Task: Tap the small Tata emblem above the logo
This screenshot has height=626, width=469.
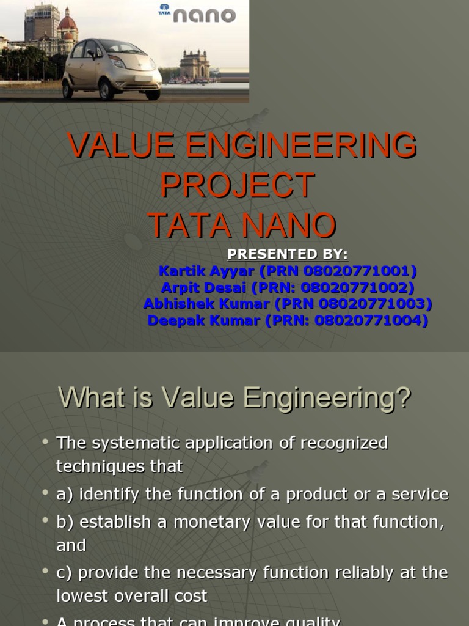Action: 164,9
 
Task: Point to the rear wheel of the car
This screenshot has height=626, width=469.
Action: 67,90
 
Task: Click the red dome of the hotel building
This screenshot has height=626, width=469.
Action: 67,23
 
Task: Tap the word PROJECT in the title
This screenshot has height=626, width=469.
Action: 238,185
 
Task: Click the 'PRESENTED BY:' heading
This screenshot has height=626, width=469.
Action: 287,254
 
